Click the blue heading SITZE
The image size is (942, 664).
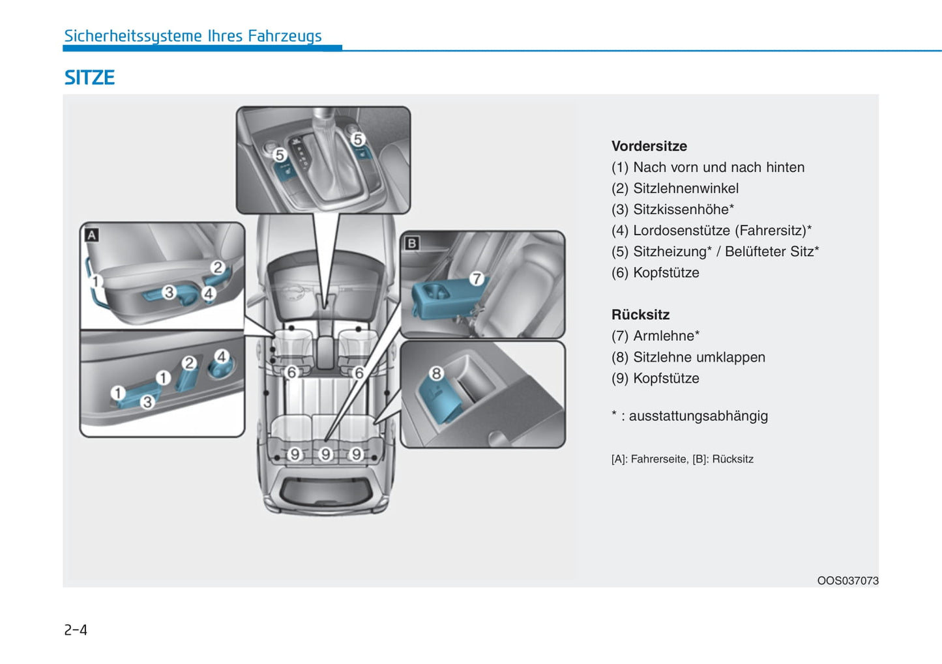point(89,78)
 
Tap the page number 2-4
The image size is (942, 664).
point(76,629)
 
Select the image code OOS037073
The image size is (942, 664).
point(847,581)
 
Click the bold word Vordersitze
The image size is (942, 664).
point(649,146)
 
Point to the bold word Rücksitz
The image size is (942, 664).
point(640,315)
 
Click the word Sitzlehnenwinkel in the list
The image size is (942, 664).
point(686,188)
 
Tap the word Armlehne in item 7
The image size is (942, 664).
point(663,336)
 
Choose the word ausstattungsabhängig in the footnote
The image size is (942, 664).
point(698,416)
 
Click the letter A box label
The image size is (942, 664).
point(92,235)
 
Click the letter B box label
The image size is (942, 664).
point(411,243)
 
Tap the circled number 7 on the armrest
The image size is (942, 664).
point(477,279)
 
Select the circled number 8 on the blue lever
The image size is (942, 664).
point(436,373)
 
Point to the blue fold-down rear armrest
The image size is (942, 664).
point(443,296)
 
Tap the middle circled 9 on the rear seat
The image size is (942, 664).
point(325,454)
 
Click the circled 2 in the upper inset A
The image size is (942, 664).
point(218,267)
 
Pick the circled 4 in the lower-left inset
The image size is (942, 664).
point(222,356)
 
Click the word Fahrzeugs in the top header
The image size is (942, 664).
point(284,36)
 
